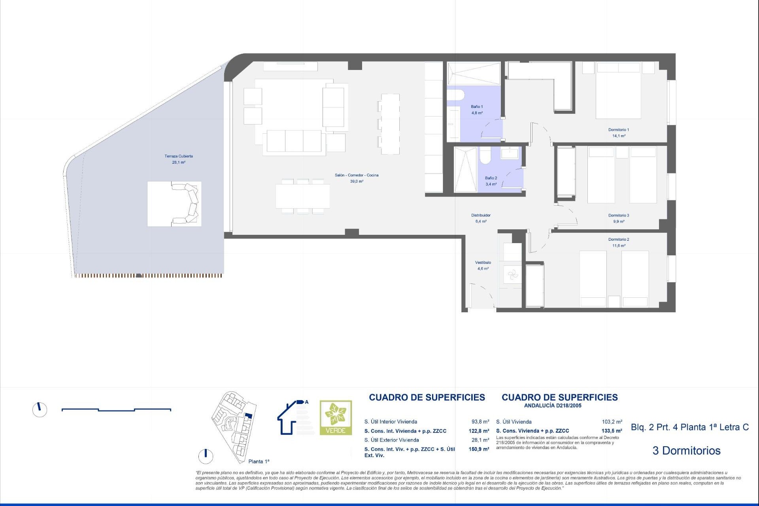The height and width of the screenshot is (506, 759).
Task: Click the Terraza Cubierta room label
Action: coord(179,156)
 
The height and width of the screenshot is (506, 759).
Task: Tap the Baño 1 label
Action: coord(477,107)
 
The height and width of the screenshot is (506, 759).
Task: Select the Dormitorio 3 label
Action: coord(619,215)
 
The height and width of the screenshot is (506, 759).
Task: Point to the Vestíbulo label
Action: coord(483,262)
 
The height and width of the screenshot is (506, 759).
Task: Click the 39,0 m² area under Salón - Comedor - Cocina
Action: coord(357,181)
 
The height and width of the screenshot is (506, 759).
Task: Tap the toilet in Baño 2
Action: coord(485,156)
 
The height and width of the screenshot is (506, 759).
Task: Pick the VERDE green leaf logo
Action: coord(336,418)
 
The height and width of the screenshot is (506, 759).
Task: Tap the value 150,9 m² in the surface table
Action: coord(479,449)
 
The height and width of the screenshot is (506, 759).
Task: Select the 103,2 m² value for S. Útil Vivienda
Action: coord(612,422)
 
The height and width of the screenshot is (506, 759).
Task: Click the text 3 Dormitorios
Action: coord(687,451)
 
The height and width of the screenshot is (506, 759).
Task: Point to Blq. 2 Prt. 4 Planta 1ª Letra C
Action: coord(690,427)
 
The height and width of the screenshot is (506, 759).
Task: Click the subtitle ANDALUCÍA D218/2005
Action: coord(553,406)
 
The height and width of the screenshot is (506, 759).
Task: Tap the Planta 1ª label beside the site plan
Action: coord(259,461)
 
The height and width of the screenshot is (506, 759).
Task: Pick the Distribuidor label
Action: coord(481,215)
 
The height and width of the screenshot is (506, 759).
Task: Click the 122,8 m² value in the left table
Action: coord(479,431)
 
